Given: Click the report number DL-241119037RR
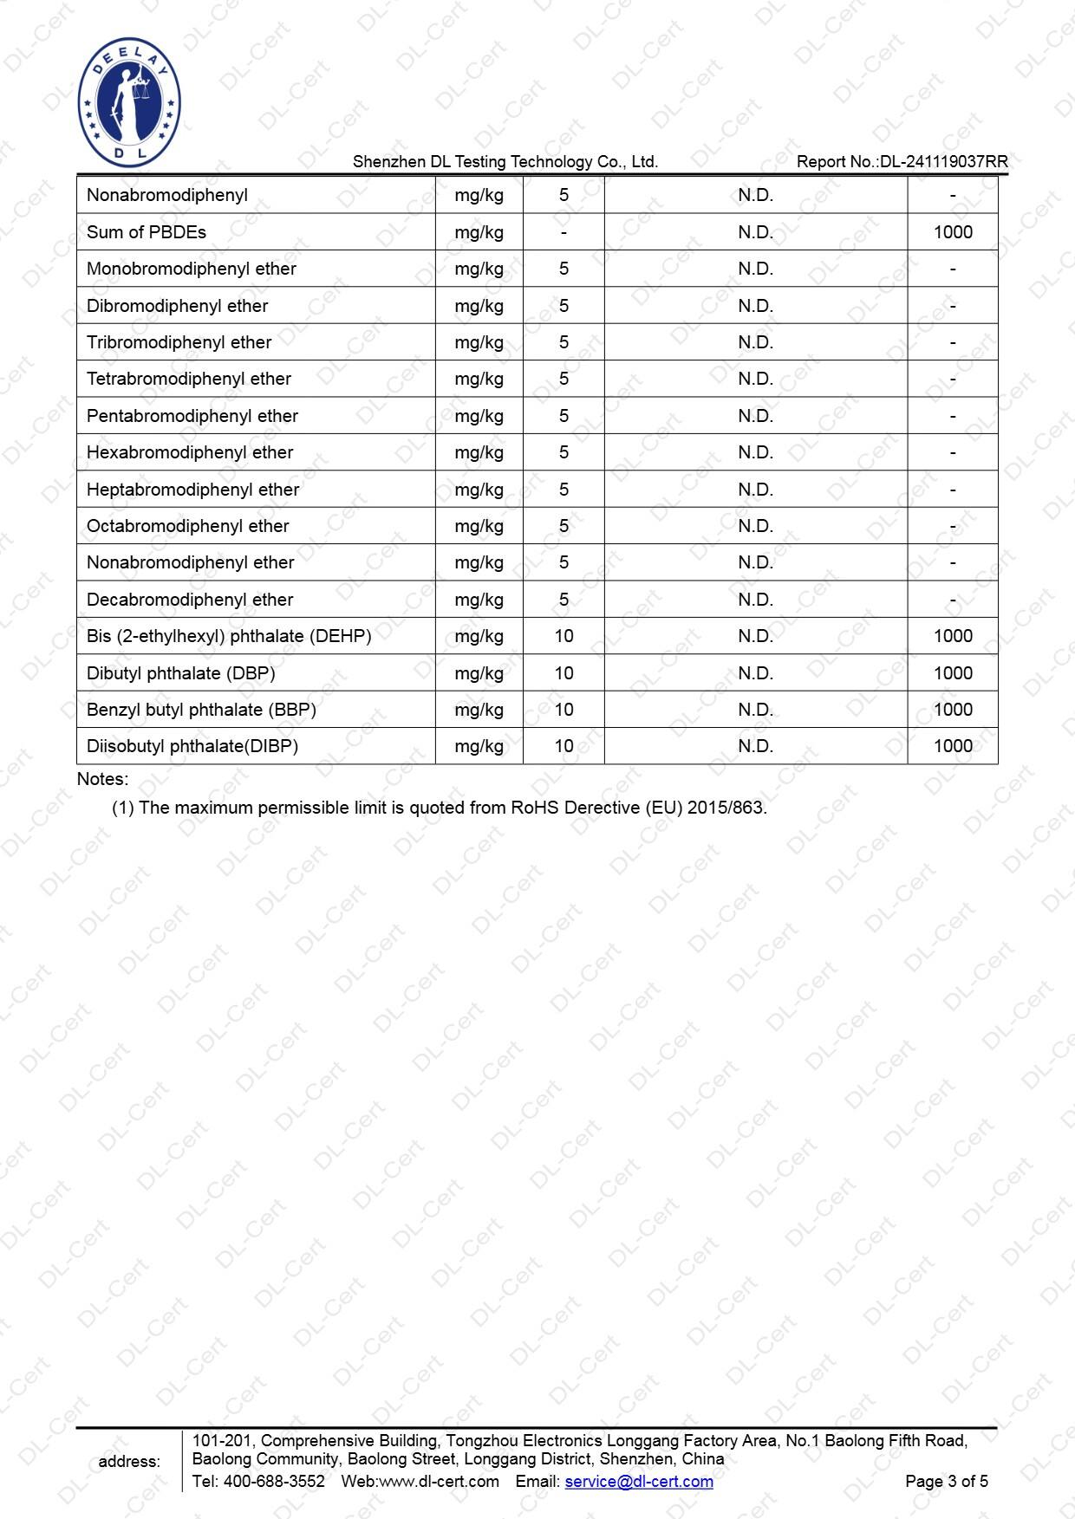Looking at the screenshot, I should tap(943, 162).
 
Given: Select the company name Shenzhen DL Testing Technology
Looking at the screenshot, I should tap(505, 162).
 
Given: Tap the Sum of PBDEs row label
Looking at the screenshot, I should tap(146, 232).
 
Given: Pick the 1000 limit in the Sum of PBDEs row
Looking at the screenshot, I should tap(952, 232).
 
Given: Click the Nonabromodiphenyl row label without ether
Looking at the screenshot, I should tap(166, 195).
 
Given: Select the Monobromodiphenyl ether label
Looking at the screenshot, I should tap(191, 269).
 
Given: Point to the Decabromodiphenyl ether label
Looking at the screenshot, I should tap(189, 600).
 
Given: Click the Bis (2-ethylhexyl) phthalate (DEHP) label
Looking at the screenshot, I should tap(228, 636).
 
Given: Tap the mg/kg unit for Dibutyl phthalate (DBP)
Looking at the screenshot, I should tap(479, 673).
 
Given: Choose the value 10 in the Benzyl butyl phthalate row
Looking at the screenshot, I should tap(564, 710).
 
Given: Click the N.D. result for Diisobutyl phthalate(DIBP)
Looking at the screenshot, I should tap(755, 746).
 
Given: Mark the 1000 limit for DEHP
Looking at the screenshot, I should tap(952, 636).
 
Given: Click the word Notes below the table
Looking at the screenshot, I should tap(102, 779).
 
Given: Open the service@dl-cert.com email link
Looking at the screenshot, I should tap(639, 1481).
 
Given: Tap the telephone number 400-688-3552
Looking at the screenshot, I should tap(274, 1481).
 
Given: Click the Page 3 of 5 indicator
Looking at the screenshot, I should tap(946, 1481).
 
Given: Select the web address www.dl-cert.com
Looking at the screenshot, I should tap(440, 1481).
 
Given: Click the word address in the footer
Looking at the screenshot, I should tap(129, 1462).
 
